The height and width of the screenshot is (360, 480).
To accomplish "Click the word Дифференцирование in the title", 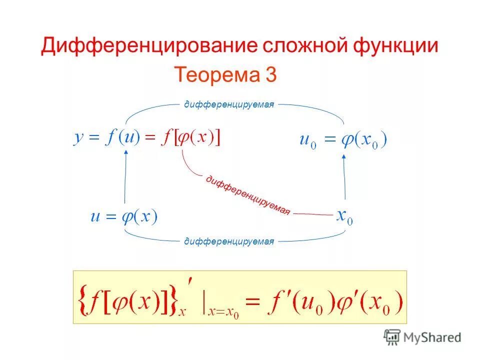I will coord(146,46).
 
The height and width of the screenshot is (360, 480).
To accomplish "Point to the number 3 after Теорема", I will coord(270,75).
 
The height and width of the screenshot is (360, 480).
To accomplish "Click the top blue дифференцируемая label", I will coord(229,104).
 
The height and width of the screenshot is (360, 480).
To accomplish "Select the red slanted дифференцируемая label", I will coord(247,194).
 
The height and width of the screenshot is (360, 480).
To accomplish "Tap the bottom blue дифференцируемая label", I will coord(229,242).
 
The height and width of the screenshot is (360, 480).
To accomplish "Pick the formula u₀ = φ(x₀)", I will coord(343,139).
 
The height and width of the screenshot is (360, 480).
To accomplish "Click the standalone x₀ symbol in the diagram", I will coord(344,217).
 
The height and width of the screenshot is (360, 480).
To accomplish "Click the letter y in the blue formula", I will coord(78,138).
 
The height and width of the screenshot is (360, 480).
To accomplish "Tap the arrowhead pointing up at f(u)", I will coord(126,154).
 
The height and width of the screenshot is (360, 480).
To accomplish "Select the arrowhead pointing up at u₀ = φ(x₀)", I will coord(344,156).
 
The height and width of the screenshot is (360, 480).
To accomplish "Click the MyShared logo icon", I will coord(392,336).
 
